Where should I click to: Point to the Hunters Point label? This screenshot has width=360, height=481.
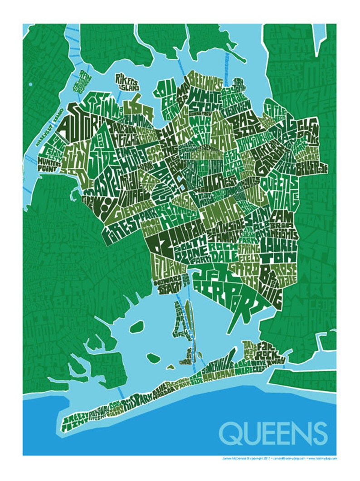[x=50, y=159]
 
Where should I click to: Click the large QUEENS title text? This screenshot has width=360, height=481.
[x=273, y=432]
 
